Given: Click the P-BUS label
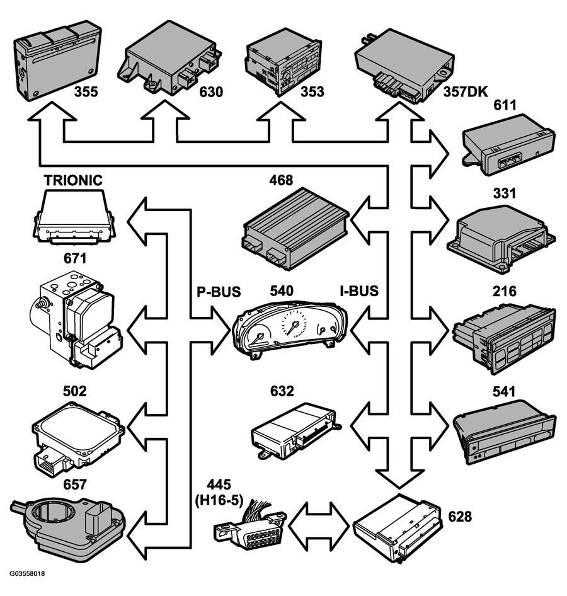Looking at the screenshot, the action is click(219, 292).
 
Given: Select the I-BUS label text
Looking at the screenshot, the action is click(359, 291).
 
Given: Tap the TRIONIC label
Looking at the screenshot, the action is click(73, 180).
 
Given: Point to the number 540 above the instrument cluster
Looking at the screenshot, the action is click(282, 291).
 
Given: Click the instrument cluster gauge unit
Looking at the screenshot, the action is click(290, 329).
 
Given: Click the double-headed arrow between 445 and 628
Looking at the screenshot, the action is click(318, 527).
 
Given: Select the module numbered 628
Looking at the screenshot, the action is click(397, 529).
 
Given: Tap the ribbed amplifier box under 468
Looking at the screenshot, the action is click(295, 229).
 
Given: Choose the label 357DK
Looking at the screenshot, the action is click(465, 91).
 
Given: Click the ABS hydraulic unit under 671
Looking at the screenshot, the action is click(76, 319).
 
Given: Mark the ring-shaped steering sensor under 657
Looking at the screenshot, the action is click(67, 525).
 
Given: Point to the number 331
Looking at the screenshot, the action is click(504, 193).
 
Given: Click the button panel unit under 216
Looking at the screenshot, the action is click(504, 338).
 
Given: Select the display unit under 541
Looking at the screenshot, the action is click(504, 432).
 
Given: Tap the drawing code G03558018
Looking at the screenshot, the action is click(27, 573).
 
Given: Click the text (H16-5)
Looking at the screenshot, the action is click(219, 500).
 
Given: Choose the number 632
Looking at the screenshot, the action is click(282, 391).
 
